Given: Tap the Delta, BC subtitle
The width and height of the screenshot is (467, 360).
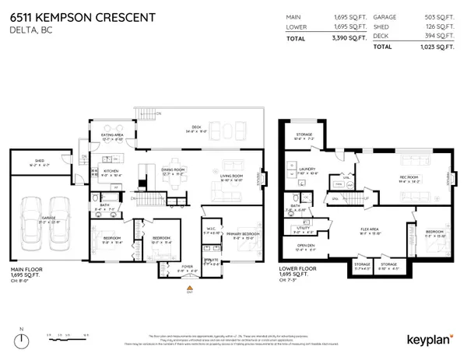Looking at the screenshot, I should point(26,31).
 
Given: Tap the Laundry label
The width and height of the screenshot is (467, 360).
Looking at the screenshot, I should point(306,170).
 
